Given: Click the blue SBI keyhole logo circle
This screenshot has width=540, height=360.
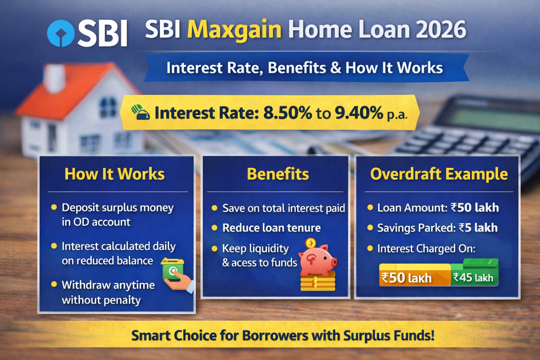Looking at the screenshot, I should pos(61,33).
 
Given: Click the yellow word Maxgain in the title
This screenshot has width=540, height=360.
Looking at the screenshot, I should pos(234,30).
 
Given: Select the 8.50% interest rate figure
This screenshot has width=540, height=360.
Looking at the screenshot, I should pos(287,113).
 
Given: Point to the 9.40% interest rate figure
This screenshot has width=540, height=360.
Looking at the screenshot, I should pos(359,113).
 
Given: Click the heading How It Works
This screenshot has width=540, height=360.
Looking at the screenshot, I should pos(115,174).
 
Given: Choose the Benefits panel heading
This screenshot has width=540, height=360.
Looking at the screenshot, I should pos(278,174).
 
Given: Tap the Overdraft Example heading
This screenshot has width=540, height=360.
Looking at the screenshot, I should pos(439,174).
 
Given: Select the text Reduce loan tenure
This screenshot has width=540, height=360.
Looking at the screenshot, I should pos(271,228).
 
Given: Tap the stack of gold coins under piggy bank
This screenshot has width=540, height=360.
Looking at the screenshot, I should pos(318,282).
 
